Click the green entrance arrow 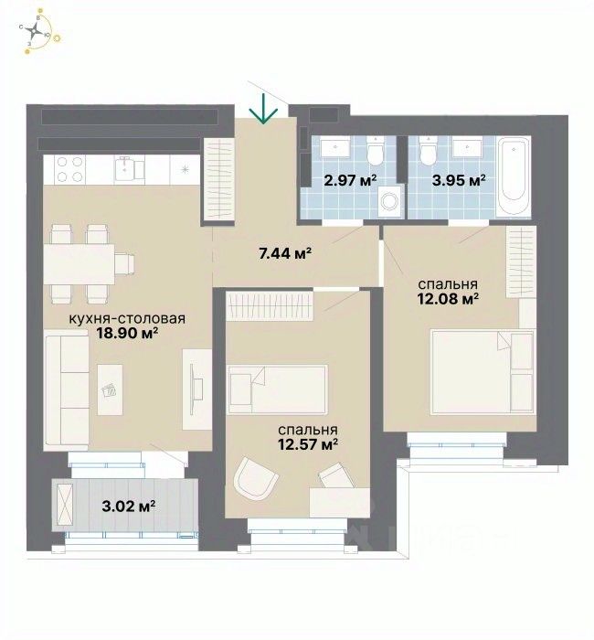click(x=264, y=109)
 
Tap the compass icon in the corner click(x=36, y=30)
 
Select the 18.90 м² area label click(x=127, y=334)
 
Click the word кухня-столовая click(x=127, y=318)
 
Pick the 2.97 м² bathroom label click(x=350, y=179)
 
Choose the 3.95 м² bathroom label click(x=459, y=179)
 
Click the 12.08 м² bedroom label click(x=448, y=299)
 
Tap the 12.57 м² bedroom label click(x=308, y=444)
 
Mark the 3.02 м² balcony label click(x=128, y=507)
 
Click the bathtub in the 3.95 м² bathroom click(x=513, y=176)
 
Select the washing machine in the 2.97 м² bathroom click(x=390, y=201)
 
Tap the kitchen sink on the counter click(x=130, y=168)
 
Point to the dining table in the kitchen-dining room click(x=79, y=264)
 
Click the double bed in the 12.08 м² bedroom click(x=483, y=372)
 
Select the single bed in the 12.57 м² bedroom click(x=278, y=389)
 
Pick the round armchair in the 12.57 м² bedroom click(x=256, y=478)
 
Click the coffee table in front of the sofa click(x=110, y=389)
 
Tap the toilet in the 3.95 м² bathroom click(x=428, y=152)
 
